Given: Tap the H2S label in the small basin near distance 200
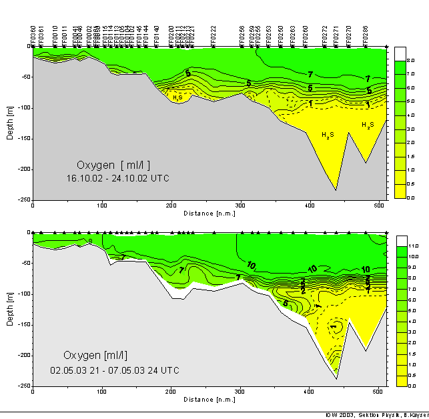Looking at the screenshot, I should point(177,97).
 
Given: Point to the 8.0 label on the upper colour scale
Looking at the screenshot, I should point(412,60).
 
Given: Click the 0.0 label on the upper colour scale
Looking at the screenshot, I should point(412,198).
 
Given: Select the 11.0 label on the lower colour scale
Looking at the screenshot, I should point(413,246).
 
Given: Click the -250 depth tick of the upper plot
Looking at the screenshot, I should point(22,199).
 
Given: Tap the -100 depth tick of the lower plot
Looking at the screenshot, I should point(22,294).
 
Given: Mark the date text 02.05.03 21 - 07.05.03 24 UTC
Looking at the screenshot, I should point(115,370).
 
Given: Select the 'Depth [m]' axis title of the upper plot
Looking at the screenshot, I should point(9,123).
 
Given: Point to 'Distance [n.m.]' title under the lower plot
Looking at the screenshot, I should point(209,400).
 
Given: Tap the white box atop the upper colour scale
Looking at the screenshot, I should point(400,53).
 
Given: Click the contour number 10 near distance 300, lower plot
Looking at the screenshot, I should point(251,266).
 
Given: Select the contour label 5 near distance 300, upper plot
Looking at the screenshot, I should point(248,83).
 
